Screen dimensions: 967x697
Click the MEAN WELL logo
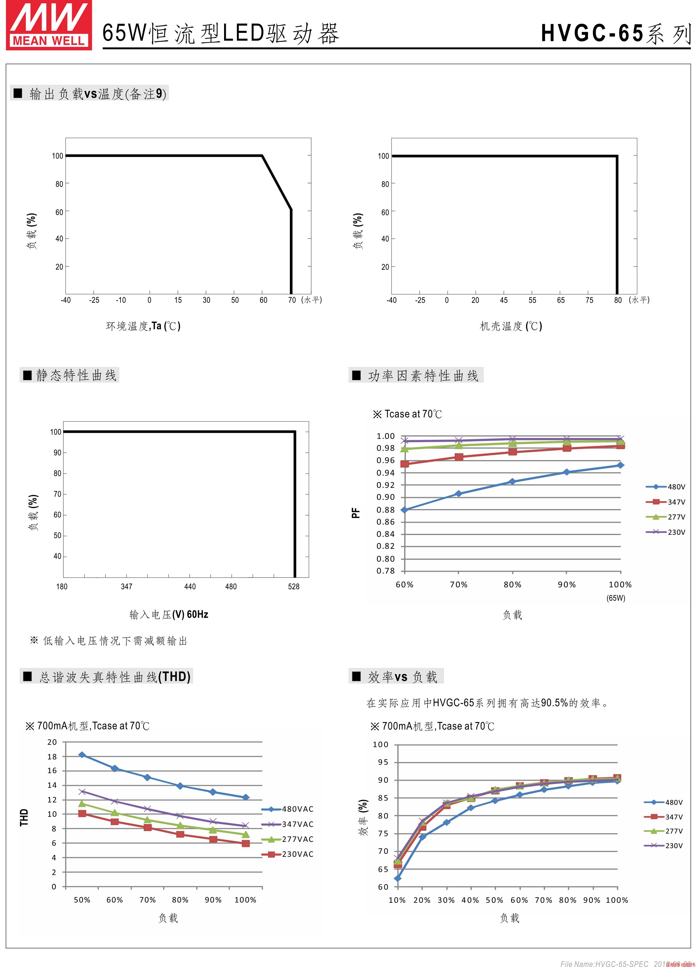[49, 26]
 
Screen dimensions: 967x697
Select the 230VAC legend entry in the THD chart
[288, 854]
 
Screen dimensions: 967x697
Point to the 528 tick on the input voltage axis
[294, 587]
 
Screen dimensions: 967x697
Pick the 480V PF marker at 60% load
[404, 510]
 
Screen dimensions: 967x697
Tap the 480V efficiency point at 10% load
[397, 878]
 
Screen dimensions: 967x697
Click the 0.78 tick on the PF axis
[385, 571]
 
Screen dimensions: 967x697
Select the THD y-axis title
[24, 817]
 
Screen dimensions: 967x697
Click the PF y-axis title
[356, 513]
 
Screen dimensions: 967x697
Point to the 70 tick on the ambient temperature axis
[292, 300]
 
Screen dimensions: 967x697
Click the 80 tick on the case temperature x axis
[618, 300]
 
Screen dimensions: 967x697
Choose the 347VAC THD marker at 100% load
[245, 825]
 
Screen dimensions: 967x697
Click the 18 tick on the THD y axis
[52, 756]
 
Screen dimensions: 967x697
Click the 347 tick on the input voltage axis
[127, 587]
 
